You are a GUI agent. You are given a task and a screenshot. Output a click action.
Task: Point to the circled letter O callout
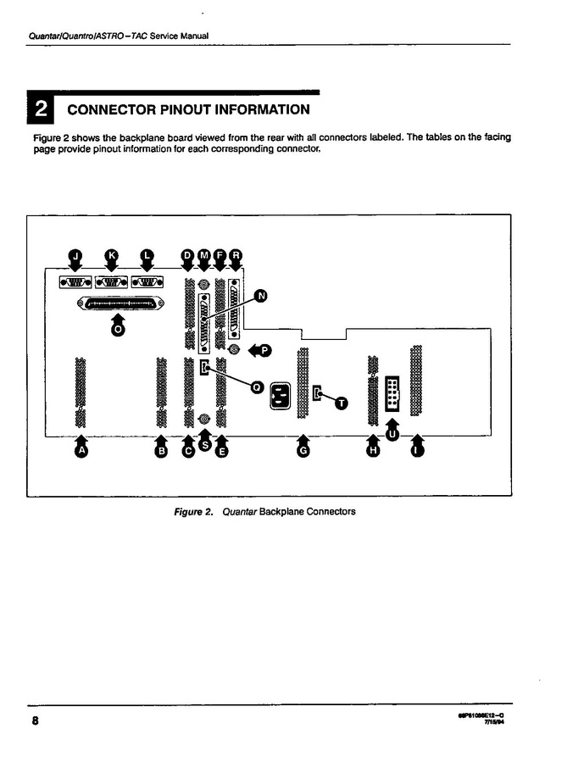pyautogui.click(x=118, y=331)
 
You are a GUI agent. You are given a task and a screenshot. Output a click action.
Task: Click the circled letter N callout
pyautogui.click(x=261, y=295)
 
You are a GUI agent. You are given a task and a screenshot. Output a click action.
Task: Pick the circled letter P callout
pyautogui.click(x=265, y=350)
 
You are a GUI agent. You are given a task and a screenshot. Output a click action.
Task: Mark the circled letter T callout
pyautogui.click(x=342, y=403)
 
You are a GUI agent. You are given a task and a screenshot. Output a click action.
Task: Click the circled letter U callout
pyautogui.click(x=392, y=433)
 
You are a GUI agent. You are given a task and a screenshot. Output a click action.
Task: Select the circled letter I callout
pyautogui.click(x=416, y=452)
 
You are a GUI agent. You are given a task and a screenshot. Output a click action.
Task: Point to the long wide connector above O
pyautogui.click(x=118, y=303)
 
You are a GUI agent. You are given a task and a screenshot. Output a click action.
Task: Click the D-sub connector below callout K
pyautogui.click(x=111, y=282)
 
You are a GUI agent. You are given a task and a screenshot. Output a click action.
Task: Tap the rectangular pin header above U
pyautogui.click(x=392, y=392)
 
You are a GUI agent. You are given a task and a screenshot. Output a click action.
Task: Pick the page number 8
pyautogui.click(x=35, y=721)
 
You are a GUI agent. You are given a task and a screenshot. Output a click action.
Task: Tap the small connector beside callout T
pyautogui.click(x=317, y=394)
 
